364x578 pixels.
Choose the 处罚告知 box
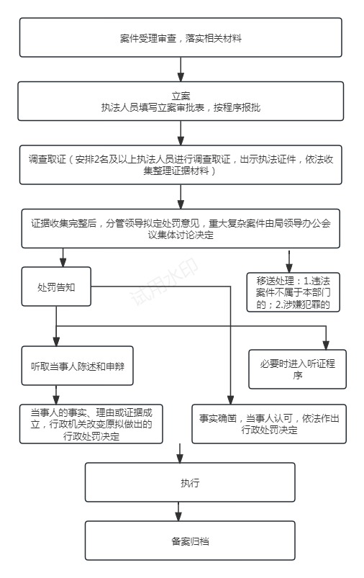click(x=57, y=286)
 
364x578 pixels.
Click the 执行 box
click(x=190, y=482)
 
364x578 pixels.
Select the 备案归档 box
click(x=190, y=540)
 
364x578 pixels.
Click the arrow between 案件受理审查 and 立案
click(x=181, y=69)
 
